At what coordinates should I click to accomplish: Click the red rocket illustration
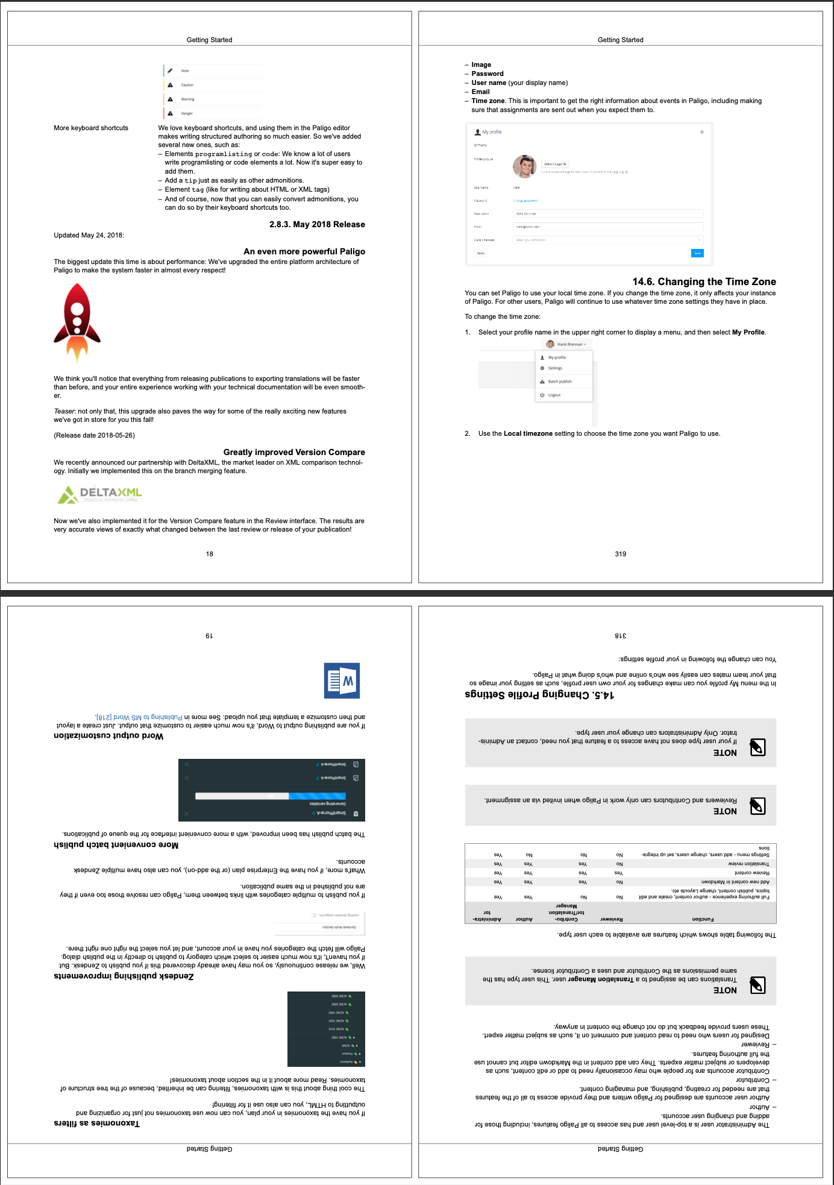click(77, 323)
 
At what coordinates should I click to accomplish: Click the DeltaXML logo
click(100, 494)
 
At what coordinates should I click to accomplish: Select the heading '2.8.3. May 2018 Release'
click(317, 224)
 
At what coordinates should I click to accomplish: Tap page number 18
click(209, 554)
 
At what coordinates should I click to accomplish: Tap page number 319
click(620, 554)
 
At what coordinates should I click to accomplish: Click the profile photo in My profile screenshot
click(524, 166)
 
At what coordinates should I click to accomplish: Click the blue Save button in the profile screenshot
click(697, 253)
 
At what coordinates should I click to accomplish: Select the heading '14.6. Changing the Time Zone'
click(704, 281)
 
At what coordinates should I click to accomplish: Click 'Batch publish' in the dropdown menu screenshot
click(560, 382)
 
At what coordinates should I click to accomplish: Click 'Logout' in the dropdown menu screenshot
click(554, 395)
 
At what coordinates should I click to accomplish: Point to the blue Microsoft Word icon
click(342, 681)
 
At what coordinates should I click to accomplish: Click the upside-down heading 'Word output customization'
click(108, 736)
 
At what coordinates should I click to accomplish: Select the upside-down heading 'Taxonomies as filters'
click(96, 1123)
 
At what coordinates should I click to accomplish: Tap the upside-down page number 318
click(620, 636)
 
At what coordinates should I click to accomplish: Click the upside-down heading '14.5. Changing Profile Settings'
click(539, 694)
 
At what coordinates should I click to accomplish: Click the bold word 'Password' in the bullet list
click(488, 74)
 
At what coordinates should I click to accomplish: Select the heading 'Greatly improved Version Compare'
click(294, 452)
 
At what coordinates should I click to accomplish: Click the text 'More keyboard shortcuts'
click(91, 128)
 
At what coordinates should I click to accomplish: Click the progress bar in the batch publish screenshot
click(271, 796)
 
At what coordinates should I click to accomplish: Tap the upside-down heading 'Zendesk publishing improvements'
click(124, 976)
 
